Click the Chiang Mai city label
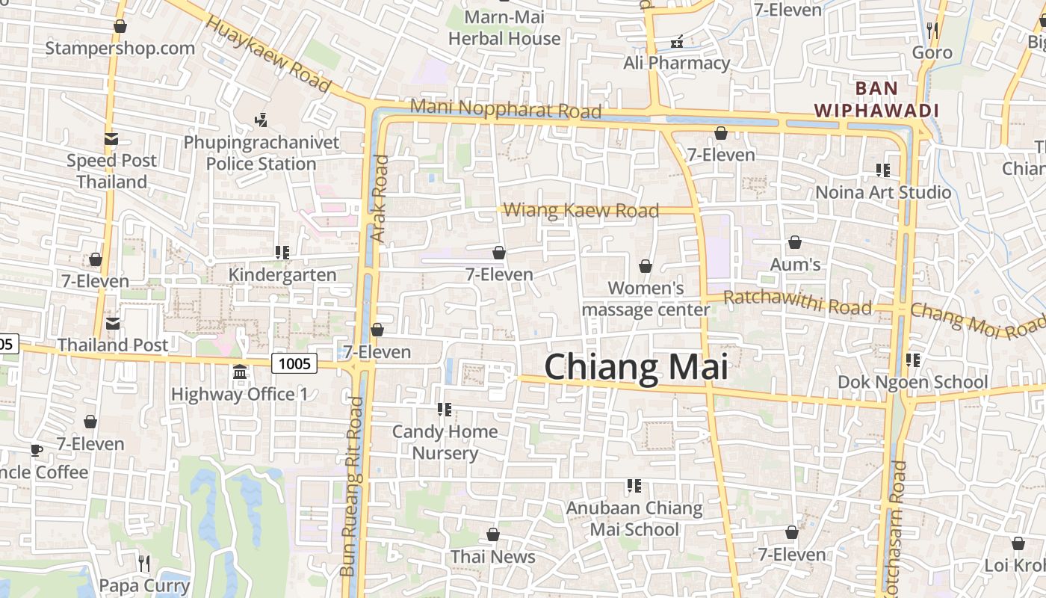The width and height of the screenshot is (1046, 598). pyautogui.click(x=636, y=367)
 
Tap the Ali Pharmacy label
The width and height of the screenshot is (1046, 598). pyautogui.click(x=676, y=63)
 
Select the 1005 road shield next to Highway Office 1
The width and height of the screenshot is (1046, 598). pyautogui.click(x=294, y=364)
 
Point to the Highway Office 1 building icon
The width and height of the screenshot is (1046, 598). pyautogui.click(x=240, y=372)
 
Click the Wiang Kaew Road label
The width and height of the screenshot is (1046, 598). pyautogui.click(x=581, y=211)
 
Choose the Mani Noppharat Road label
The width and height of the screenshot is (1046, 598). pyautogui.click(x=506, y=109)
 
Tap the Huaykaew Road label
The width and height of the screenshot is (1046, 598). pyautogui.click(x=267, y=55)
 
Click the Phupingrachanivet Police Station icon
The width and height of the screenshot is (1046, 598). pyautogui.click(x=261, y=119)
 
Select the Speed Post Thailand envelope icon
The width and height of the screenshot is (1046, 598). pyautogui.click(x=111, y=138)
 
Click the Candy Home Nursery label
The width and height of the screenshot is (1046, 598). pyautogui.click(x=445, y=443)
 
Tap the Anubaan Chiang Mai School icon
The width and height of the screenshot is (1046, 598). pyautogui.click(x=634, y=486)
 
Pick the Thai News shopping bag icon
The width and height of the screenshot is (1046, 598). pyautogui.click(x=493, y=534)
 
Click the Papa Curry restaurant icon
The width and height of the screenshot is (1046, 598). pyautogui.click(x=145, y=563)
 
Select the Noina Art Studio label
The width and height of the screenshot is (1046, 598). pyautogui.click(x=883, y=192)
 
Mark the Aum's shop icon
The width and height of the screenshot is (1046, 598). pyautogui.click(x=795, y=243)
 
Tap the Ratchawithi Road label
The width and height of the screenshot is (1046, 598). pyautogui.click(x=797, y=303)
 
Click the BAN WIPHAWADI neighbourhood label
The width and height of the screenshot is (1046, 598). pyautogui.click(x=876, y=99)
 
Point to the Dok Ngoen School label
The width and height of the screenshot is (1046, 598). pyautogui.click(x=912, y=382)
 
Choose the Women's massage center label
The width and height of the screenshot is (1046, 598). pyautogui.click(x=646, y=298)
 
